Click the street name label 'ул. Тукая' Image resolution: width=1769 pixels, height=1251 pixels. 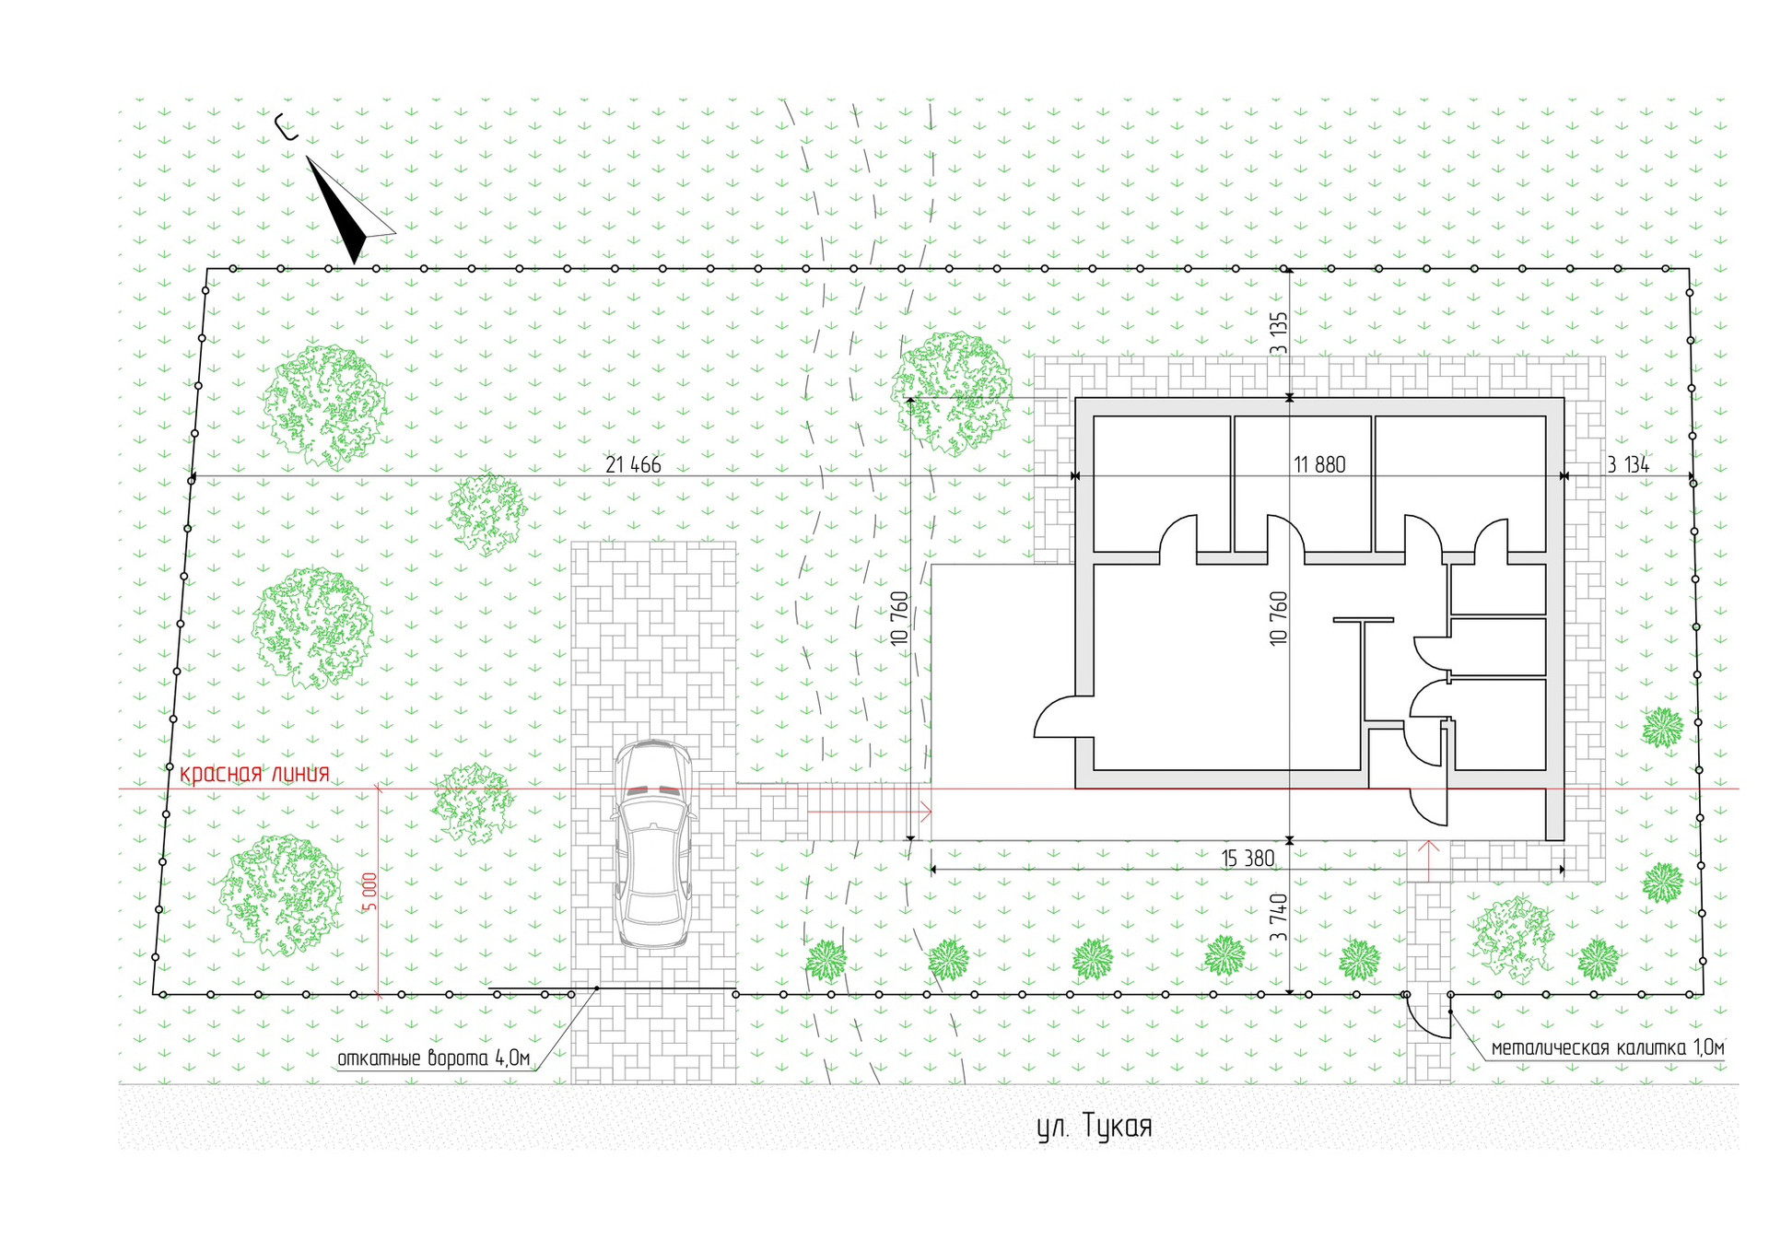click(1095, 1127)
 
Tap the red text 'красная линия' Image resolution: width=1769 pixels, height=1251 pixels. click(254, 774)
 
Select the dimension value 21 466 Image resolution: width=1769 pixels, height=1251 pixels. click(633, 465)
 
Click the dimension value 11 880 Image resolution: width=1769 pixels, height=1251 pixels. click(1319, 465)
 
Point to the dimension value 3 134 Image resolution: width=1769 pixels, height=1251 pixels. click(1628, 465)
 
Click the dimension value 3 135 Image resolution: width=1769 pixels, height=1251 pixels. click(1278, 333)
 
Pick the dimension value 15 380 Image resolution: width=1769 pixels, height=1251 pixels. click(1248, 859)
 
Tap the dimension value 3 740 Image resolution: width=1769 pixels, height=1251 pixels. click(1278, 918)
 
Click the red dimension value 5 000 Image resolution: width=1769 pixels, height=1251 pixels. click(369, 892)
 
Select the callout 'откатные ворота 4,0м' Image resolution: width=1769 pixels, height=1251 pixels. click(433, 1058)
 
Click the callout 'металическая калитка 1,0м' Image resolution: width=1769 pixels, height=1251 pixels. click(1607, 1047)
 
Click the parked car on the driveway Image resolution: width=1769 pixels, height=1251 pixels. click(653, 843)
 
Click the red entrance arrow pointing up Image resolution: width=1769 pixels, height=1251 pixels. click(1428, 859)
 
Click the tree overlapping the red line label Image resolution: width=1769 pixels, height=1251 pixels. click(474, 802)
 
